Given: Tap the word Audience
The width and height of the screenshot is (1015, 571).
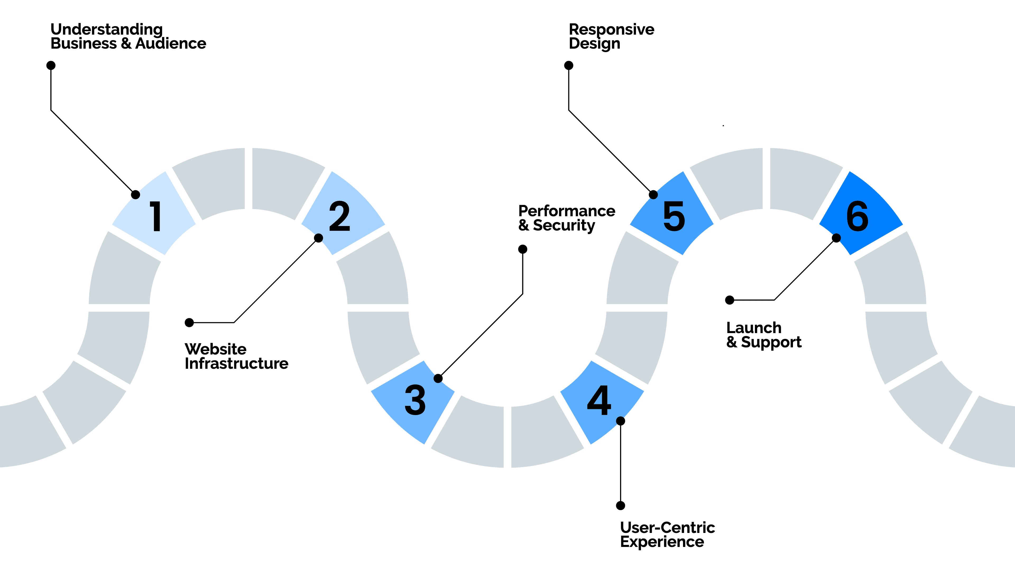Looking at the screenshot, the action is coord(170,43).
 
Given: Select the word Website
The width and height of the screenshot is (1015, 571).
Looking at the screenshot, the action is coord(215,349).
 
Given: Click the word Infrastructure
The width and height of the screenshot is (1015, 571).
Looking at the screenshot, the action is coord(236,363).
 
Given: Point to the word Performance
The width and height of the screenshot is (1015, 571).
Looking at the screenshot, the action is coord(567,211).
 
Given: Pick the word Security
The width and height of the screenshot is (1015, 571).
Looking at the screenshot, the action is coord(564,226).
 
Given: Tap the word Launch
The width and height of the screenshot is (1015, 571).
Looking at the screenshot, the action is coord(754,328).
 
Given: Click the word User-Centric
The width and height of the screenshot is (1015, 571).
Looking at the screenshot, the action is coord(667,528).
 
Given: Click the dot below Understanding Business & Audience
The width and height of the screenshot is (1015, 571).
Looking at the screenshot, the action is coord(51,65).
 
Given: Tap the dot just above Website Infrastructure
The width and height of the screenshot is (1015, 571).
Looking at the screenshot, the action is coord(189,323).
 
